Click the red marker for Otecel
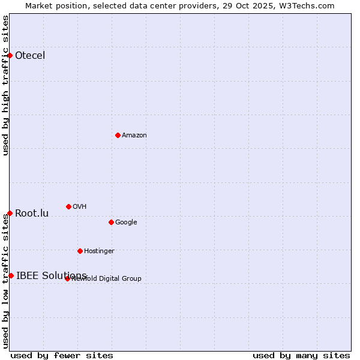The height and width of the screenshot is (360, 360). point(10,55)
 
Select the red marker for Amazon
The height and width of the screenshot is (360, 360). point(118,135)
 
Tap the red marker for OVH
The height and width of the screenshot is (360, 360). point(68,206)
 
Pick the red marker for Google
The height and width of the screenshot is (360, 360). point(111,222)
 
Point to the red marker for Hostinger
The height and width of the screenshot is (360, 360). point(80,251)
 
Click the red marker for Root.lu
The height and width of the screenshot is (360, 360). point(10,213)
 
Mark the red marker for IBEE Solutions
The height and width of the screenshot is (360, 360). point(11,275)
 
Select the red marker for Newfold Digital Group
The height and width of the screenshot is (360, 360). point(67,278)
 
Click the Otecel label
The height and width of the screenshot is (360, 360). point(30,56)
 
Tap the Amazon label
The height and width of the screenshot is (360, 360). point(134,135)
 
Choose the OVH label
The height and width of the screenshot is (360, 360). point(80,206)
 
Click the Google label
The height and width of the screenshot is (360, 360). point(126,222)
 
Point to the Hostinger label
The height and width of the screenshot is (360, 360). point(99,251)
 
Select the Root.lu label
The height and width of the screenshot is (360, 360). point(32,213)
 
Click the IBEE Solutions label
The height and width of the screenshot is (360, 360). point(52,275)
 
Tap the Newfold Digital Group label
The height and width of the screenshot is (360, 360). point(107,278)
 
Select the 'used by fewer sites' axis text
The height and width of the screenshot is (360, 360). point(62,355)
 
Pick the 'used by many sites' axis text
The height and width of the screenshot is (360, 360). point(301,355)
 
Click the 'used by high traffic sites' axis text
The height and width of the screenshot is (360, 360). point(5,85)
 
